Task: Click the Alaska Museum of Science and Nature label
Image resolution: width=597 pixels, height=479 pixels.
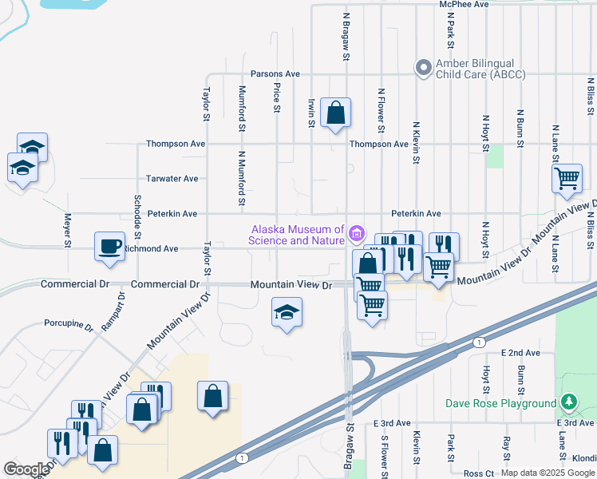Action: pyautogui.click(x=296, y=234)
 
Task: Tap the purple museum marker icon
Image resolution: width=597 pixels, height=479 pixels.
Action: pyautogui.click(x=357, y=234)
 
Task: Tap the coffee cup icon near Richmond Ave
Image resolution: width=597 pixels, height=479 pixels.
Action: pyautogui.click(x=110, y=246)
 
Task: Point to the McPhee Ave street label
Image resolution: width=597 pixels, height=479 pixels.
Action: pyautogui.click(x=464, y=5)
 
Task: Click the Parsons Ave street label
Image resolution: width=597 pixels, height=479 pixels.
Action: pyautogui.click(x=275, y=73)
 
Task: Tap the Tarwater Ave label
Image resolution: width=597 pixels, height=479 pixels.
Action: pyautogui.click(x=172, y=179)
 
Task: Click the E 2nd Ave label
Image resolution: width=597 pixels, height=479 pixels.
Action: pyautogui.click(x=520, y=352)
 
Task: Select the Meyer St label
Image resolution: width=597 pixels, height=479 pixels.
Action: pyautogui.click(x=68, y=228)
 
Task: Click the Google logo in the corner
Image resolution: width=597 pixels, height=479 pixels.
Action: pyautogui.click(x=26, y=469)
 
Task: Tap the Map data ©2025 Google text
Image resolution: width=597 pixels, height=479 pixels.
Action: pyautogui.click(x=547, y=473)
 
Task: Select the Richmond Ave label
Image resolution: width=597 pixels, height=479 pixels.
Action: pyautogui.click(x=152, y=249)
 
